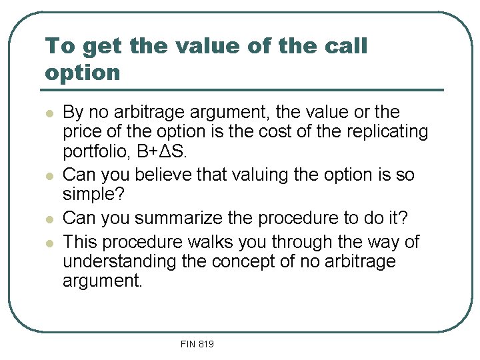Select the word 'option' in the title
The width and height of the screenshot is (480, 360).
82,73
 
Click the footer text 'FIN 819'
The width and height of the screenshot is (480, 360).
197,344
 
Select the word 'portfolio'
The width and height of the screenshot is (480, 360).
94,151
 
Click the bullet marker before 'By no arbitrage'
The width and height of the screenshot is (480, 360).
49,113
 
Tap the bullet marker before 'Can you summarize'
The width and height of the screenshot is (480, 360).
49,219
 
